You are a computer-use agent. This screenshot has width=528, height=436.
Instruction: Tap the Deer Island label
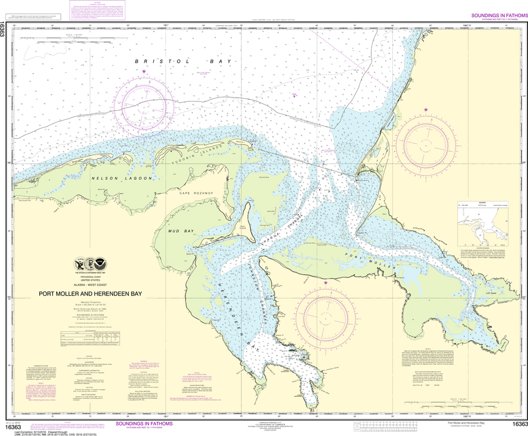click(x=242, y=226)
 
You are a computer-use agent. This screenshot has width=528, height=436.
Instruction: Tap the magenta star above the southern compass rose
click(x=325, y=282)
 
